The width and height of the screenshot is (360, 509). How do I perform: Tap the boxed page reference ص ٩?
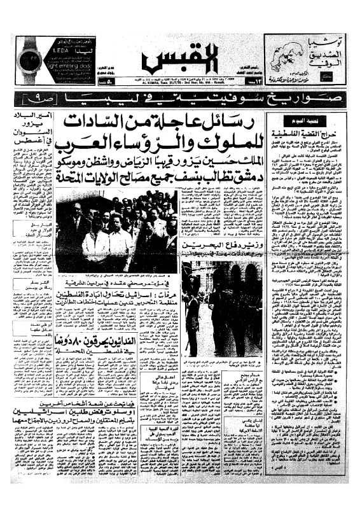35,99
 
